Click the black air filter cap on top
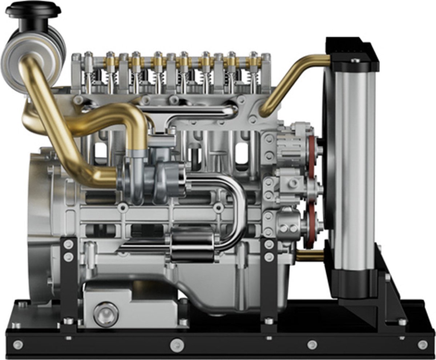33,9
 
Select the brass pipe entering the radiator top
291,80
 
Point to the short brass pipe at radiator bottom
309,256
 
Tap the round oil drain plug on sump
106,314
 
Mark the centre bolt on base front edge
177,344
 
